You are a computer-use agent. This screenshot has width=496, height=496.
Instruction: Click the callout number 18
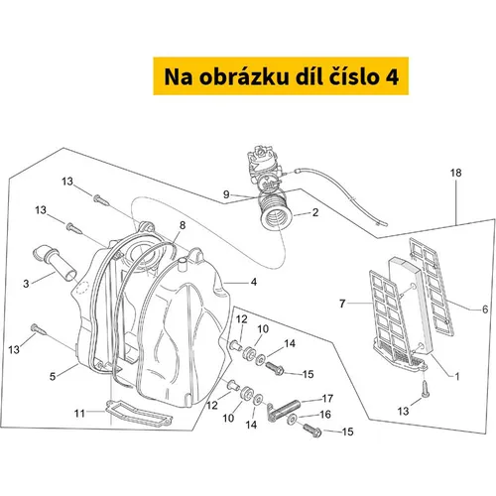coord(455,173)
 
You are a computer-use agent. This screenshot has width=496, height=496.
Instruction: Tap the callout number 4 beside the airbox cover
coord(254,282)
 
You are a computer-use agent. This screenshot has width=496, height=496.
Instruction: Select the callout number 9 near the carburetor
coord(226,194)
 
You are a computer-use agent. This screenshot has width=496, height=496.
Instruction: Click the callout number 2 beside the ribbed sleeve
coord(315,212)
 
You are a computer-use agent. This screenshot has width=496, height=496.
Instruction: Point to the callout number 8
coord(183,225)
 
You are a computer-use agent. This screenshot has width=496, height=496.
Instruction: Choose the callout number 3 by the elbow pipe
coord(26,284)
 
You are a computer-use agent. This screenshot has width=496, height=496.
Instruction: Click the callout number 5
coord(53,376)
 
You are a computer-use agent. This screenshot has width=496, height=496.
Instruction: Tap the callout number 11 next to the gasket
coord(79,414)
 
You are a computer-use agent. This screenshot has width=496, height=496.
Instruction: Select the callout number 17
coord(327,399)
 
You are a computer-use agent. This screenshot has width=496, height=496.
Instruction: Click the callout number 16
coord(325,415)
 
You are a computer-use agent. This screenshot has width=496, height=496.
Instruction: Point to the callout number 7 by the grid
coord(342,304)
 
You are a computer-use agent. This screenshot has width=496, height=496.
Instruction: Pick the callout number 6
coord(485,310)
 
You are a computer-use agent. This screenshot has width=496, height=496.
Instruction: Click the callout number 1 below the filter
coord(457,376)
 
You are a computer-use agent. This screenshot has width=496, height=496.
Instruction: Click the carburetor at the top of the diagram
coord(264,169)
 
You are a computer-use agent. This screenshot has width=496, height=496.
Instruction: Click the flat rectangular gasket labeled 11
coord(139,414)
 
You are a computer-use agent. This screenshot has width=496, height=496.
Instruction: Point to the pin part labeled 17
coord(284,410)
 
